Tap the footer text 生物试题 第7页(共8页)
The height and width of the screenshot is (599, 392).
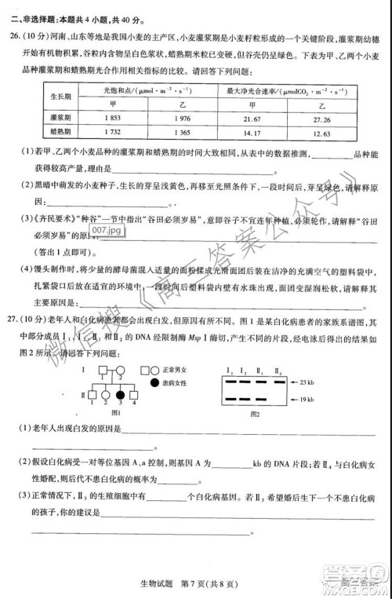pos(196,579)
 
